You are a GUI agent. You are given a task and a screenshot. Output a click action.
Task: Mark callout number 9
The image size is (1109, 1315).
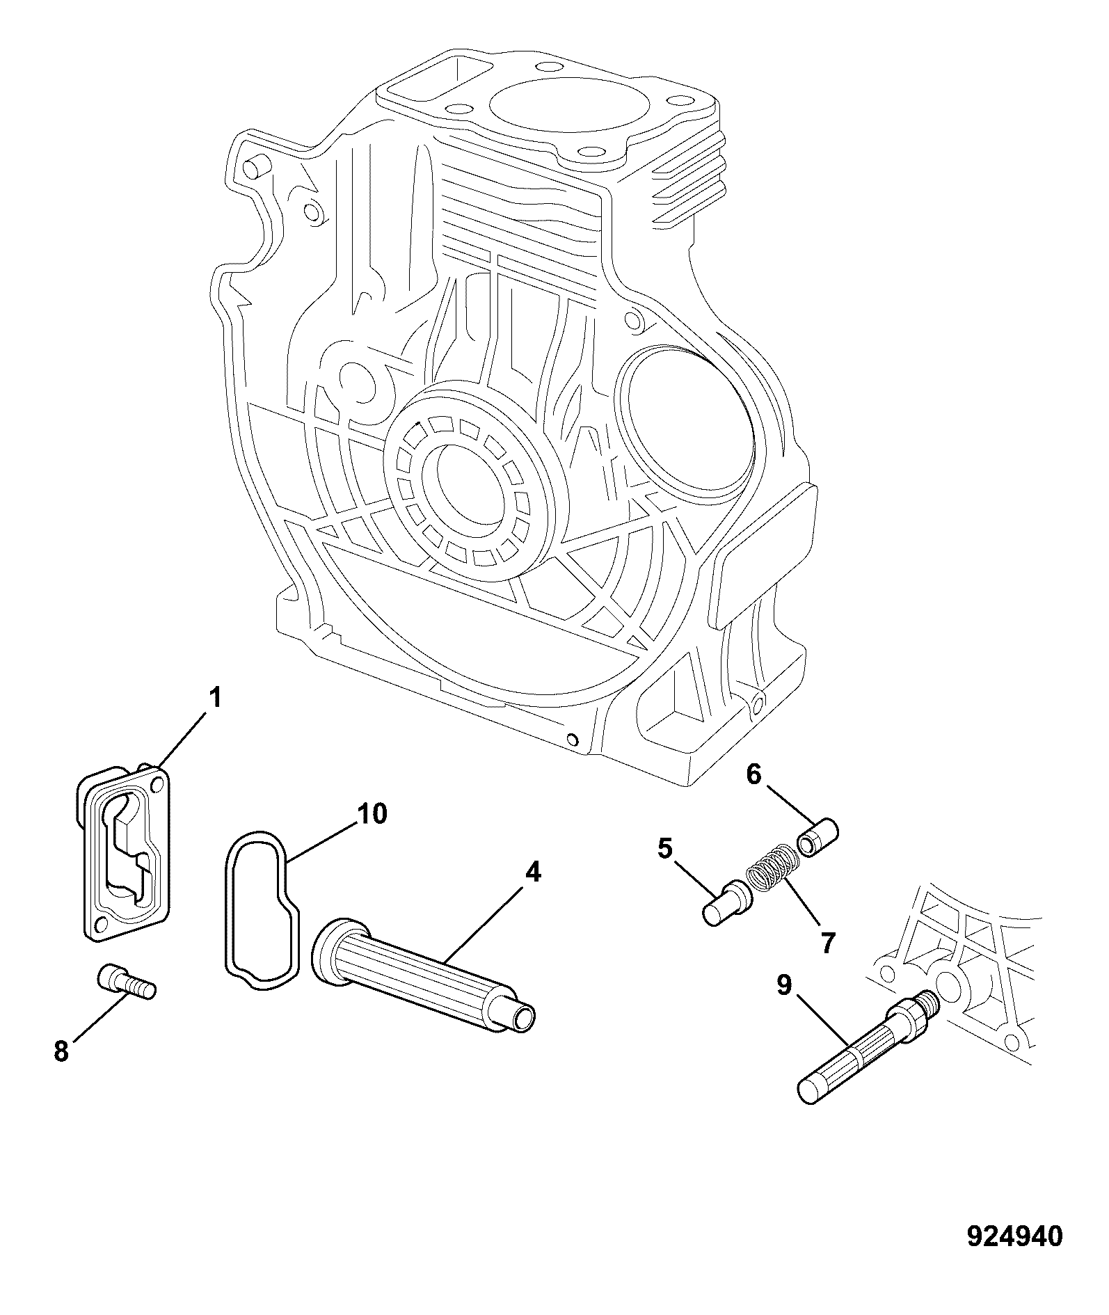784,987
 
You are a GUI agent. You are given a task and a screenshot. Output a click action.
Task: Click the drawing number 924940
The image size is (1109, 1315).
1015,1237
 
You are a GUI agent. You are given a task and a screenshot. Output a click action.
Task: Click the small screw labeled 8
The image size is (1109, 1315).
126,981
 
